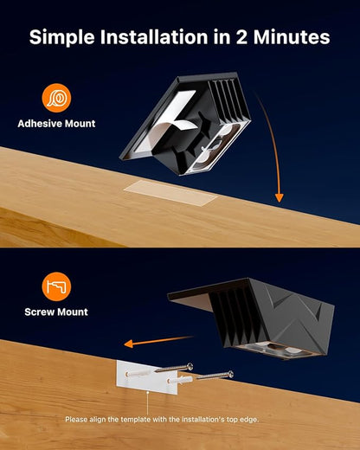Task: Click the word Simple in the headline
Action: click(62, 37)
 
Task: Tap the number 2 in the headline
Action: click(241, 37)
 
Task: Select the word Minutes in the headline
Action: click(292, 37)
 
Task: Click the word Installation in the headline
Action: click(154, 37)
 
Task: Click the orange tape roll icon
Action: click(56, 98)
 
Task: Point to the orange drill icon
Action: click(56, 286)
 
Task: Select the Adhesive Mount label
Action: click(56, 124)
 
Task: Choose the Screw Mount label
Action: click(56, 312)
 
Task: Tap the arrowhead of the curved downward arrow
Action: click(279, 197)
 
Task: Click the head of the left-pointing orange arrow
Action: click(129, 344)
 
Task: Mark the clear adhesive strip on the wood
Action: click(170, 193)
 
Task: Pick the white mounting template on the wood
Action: click(147, 377)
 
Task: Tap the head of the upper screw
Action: click(190, 367)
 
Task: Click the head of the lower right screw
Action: click(230, 375)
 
